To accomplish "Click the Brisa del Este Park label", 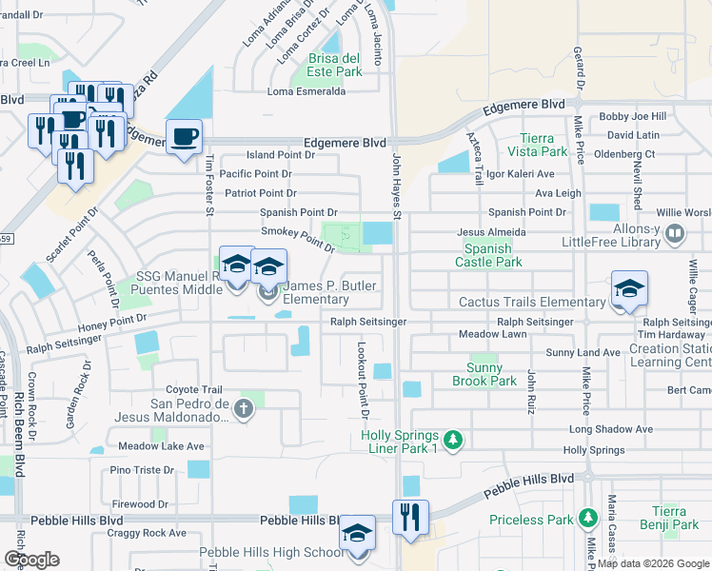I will click(335, 64).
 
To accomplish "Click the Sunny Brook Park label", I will click(491, 374).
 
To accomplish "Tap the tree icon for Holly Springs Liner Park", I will click(455, 439).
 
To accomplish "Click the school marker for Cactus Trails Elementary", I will click(629, 289).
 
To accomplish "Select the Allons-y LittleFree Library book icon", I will click(675, 232).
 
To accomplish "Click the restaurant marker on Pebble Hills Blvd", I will click(410, 517).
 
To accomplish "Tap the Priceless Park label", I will click(531, 520).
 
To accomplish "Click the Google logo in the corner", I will click(32, 559).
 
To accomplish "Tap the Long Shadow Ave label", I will click(611, 429).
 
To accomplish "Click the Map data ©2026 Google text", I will click(652, 563).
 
